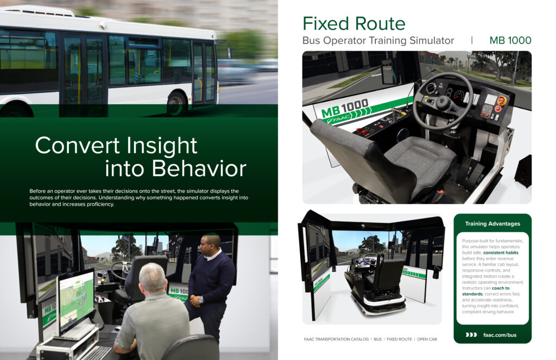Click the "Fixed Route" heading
354,24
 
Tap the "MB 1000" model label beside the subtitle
510,40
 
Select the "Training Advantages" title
492,224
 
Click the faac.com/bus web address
500,335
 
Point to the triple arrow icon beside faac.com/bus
471,335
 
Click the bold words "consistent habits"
501,252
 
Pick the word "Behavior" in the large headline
199,168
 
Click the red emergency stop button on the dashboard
501,100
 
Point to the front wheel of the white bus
176,104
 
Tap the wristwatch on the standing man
201,300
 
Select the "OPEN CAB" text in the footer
427,339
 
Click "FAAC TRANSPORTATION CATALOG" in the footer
336,339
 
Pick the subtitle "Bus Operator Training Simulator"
378,41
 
